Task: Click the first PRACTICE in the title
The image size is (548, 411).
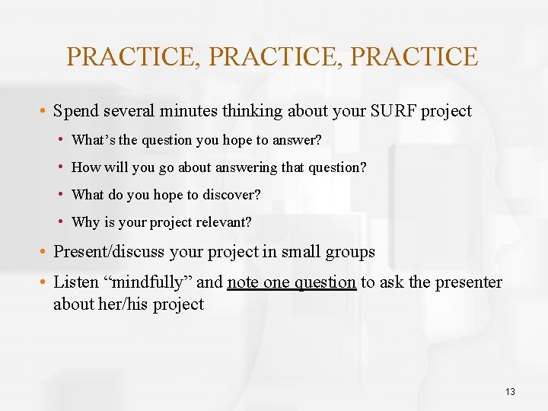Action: point(132,57)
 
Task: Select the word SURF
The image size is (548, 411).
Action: point(393,111)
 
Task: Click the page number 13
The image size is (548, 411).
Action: point(510,392)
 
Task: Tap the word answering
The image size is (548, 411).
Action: point(246,167)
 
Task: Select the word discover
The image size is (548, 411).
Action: point(231,195)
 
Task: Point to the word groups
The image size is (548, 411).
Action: point(347,252)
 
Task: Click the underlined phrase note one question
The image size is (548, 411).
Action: point(292,282)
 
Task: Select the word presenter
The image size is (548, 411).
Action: point(467,282)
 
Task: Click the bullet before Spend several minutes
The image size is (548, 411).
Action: point(46,112)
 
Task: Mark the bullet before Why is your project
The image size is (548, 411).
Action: point(60,222)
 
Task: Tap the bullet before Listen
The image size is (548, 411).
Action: point(46,282)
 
